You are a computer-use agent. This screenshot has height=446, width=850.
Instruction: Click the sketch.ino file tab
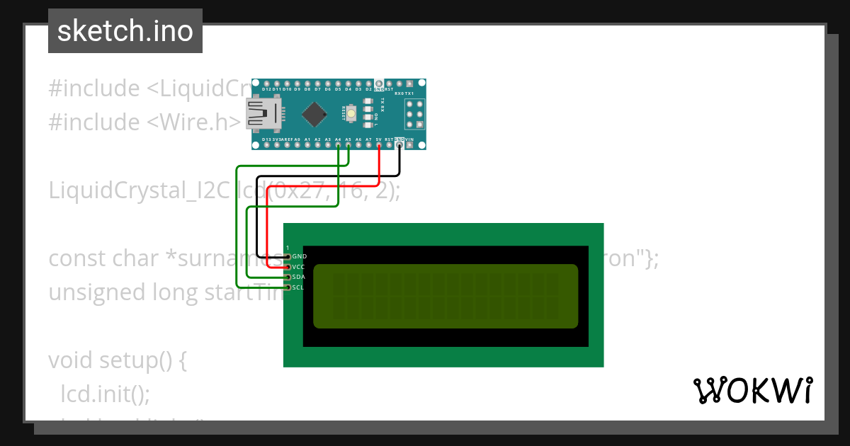(x=125, y=31)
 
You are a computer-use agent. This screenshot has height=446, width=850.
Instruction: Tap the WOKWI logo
(x=752, y=390)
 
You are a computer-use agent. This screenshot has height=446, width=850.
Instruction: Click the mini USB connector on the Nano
(x=263, y=115)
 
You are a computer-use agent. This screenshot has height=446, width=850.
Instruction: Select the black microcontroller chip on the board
(x=314, y=114)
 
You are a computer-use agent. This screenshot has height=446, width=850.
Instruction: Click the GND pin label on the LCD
(x=299, y=256)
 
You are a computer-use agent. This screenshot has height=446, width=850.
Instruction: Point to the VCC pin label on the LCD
(x=298, y=267)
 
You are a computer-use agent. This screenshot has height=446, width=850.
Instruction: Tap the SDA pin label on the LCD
(x=298, y=277)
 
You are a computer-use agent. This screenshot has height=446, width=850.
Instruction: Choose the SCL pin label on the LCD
(x=298, y=287)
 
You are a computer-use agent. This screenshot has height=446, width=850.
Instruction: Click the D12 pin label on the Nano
(x=267, y=90)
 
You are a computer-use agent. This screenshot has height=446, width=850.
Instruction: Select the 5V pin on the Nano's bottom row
(x=379, y=144)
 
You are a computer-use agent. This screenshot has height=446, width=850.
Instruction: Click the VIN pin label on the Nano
(x=409, y=140)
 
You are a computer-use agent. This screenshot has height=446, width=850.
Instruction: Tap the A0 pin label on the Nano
(x=297, y=140)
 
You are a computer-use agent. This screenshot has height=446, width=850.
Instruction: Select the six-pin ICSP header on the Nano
(x=414, y=114)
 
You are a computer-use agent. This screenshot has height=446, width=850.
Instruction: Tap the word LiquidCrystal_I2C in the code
(x=138, y=191)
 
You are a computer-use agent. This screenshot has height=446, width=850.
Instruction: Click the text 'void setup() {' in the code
(x=117, y=360)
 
